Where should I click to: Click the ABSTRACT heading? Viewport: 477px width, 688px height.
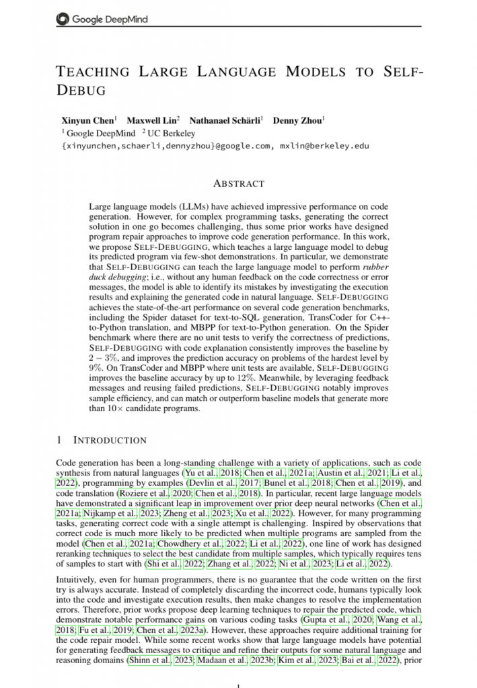point(238,183)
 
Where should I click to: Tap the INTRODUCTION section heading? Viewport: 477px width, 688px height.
point(109,441)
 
